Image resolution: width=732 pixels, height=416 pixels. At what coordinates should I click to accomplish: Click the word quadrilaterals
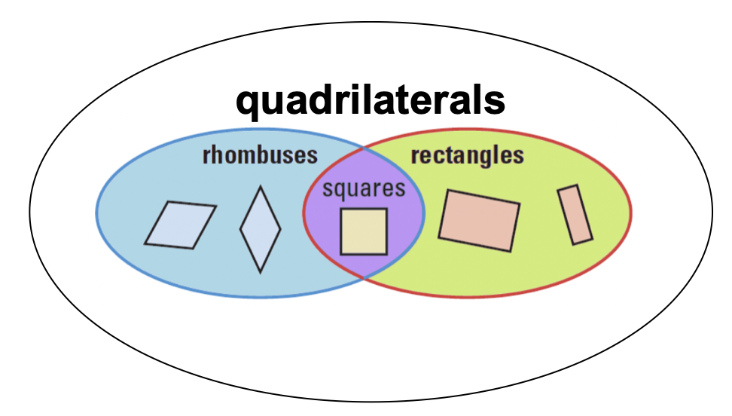coord(370,100)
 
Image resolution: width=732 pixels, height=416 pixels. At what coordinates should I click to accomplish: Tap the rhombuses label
coord(260,156)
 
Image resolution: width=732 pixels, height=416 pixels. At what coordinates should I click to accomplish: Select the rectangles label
coord(467,156)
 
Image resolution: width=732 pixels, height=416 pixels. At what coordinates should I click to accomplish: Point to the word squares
coord(364,188)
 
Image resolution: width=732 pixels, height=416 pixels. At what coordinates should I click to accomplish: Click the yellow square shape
coord(364,231)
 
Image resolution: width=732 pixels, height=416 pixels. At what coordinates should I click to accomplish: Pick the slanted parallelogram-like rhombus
coord(180,224)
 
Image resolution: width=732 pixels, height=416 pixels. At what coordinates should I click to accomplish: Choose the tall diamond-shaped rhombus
coord(261,228)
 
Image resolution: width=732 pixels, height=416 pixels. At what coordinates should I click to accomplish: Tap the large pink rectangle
coord(479,220)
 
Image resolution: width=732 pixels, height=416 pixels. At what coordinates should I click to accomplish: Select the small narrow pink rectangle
coord(575,214)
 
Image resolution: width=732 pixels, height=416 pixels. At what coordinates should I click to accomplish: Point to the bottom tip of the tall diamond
coord(261,272)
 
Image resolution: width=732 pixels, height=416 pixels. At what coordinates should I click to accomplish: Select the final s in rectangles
coord(517,157)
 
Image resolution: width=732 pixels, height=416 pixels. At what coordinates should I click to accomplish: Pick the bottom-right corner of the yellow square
coord(387,254)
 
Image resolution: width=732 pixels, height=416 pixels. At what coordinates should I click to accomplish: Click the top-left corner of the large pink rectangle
coord(449,191)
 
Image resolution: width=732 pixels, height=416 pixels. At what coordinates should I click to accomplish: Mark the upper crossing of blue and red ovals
coord(365,148)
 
